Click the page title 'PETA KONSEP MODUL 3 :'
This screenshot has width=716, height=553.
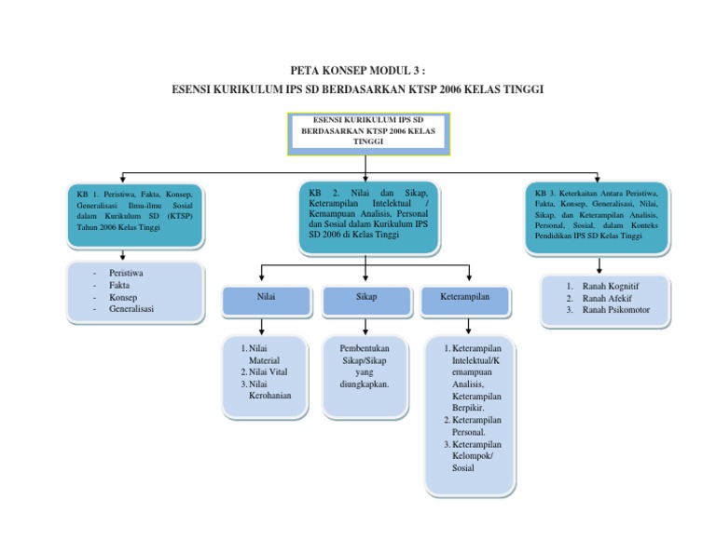tap(358, 71)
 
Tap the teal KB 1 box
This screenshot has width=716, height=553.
tap(134, 215)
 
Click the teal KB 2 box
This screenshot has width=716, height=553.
tap(367, 218)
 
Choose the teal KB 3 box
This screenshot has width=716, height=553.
tap(597, 215)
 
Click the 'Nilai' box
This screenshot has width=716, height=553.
tap(266, 299)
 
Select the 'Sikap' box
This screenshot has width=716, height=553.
tap(366, 299)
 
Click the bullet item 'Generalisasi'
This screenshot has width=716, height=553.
tap(131, 309)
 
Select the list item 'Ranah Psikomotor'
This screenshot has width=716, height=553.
tap(616, 310)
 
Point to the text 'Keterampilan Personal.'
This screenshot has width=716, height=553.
tap(475, 426)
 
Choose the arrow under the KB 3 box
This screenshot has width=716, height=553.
tap(598, 263)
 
